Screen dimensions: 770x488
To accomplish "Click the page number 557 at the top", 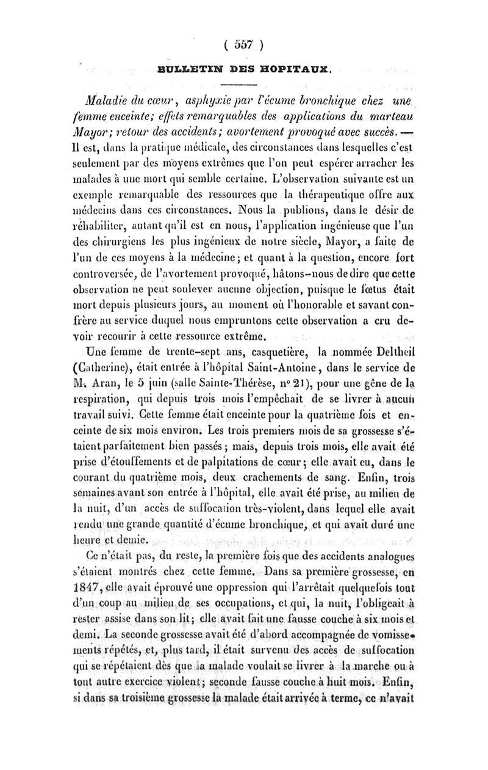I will [243, 44].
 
